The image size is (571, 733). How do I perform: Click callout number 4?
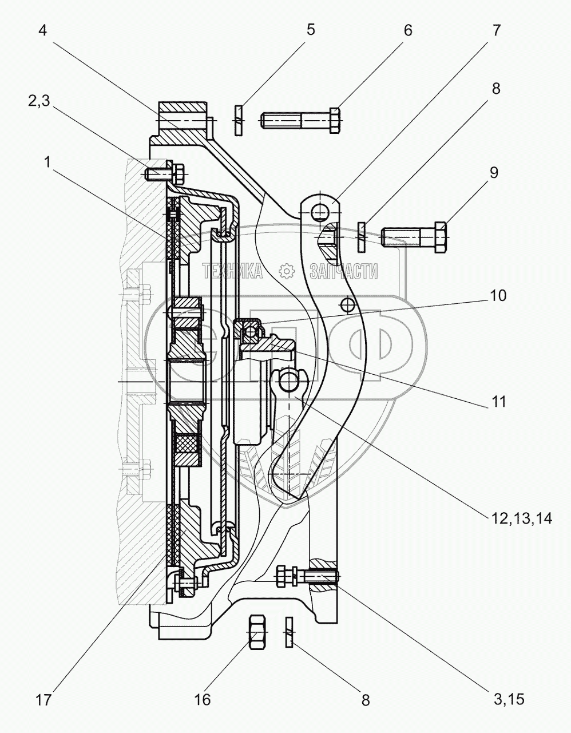tap(43, 31)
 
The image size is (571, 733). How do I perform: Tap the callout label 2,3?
tap(39, 101)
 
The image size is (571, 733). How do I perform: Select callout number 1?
tap(47, 163)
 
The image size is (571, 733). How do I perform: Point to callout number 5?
tap(311, 30)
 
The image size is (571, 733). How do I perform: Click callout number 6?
tap(408, 30)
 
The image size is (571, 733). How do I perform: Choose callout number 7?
tap(496, 30)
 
